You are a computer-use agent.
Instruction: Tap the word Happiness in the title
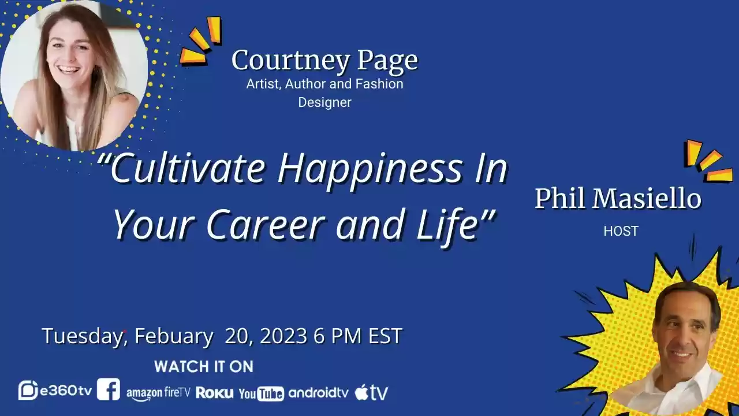pos(369,168)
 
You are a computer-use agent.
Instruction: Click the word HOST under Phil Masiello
pos(621,231)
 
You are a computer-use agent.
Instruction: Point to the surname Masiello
pos(648,199)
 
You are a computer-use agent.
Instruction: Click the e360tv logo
pos(55,391)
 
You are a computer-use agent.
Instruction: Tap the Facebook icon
pos(109,389)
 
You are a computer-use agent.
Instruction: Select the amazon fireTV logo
pos(158,393)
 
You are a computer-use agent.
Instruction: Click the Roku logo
pos(215,393)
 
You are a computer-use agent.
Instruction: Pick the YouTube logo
pos(261,393)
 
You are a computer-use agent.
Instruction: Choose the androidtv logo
pos(318,393)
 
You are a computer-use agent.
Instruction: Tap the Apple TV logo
pos(371,393)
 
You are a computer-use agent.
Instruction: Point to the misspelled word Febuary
pos(173,336)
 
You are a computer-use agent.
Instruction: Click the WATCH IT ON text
pos(203,366)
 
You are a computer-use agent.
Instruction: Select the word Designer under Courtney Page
pos(324,102)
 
